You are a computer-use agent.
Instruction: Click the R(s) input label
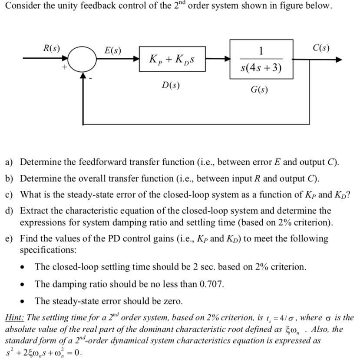coord(53,48)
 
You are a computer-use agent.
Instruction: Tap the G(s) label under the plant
coord(260,90)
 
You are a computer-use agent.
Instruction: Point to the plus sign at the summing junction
coord(64,67)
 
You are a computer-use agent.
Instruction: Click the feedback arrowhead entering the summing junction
coord(83,76)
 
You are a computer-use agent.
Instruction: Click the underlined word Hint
coord(14,318)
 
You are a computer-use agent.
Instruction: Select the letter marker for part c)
coord(9,194)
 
